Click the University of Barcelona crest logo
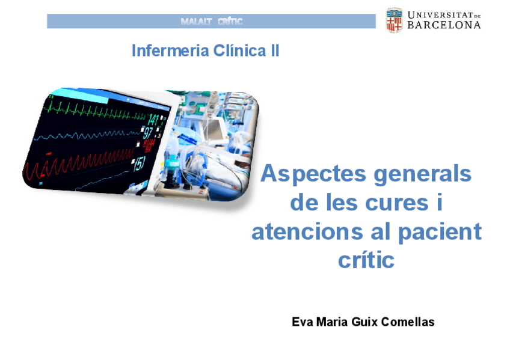pos(394,20)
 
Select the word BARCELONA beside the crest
pos(444,25)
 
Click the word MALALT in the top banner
pos(196,22)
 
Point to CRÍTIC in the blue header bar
pos(230,22)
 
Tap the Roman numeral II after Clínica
pos(273,50)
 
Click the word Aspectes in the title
pos(313,174)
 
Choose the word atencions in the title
pos(304,232)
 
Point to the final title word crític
pos(366,261)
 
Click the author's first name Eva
pos(301,322)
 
